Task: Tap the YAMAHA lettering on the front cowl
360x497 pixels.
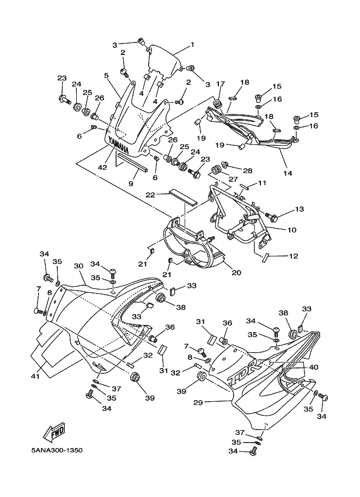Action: click(x=119, y=144)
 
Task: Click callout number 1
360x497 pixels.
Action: click(x=192, y=44)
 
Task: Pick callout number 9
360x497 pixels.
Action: click(x=131, y=184)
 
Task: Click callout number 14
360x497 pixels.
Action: click(x=288, y=173)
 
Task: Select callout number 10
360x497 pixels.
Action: click(x=292, y=230)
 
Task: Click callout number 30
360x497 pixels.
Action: click(x=78, y=266)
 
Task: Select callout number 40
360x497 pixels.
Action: click(x=313, y=367)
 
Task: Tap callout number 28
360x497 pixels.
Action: click(x=248, y=171)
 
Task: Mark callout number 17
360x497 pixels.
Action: click(x=220, y=83)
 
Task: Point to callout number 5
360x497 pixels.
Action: click(x=107, y=76)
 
